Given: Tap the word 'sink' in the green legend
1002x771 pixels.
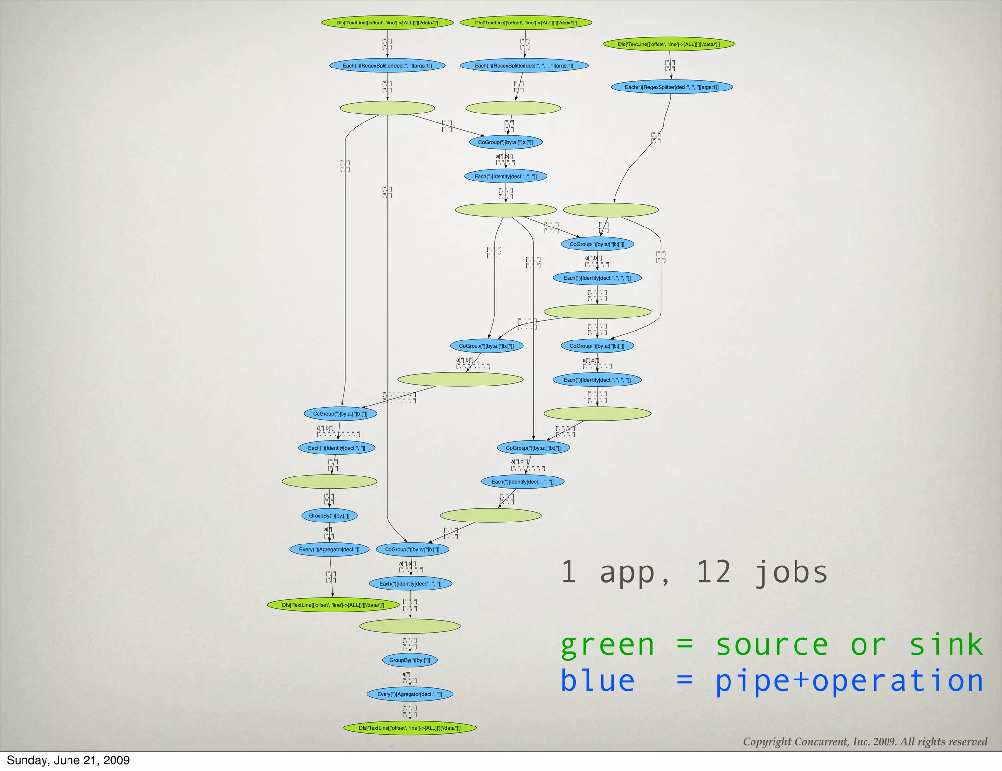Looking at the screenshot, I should (x=946, y=644).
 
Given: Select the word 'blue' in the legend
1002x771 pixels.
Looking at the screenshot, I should (x=597, y=680).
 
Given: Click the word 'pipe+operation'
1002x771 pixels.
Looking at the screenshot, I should (x=849, y=681).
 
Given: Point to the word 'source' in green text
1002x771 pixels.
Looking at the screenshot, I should (x=772, y=644).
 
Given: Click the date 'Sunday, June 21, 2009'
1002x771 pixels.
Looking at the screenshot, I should (x=68, y=760).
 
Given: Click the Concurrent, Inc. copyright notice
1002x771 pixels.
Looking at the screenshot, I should (x=865, y=742).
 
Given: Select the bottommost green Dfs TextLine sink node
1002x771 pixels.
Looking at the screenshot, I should (x=410, y=728).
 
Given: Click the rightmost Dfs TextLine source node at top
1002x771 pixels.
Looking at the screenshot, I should (x=668, y=44).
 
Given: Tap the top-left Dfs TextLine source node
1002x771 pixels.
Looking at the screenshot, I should (x=387, y=23).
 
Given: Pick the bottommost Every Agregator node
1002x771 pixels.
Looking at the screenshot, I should (x=410, y=694).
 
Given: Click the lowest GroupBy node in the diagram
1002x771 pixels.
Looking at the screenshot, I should (x=410, y=660).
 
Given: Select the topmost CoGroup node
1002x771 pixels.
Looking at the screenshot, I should (x=505, y=142).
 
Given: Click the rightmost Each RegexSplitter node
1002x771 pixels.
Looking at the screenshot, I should (x=671, y=87).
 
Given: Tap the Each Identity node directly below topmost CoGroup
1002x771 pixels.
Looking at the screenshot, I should (x=505, y=176).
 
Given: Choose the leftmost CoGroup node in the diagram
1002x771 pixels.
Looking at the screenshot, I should (x=340, y=414).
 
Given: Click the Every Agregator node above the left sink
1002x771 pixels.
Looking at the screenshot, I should (x=329, y=549).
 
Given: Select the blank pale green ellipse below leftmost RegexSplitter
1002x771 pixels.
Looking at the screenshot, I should (x=387, y=108).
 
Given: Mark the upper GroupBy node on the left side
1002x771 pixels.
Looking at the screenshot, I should (x=329, y=516).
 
